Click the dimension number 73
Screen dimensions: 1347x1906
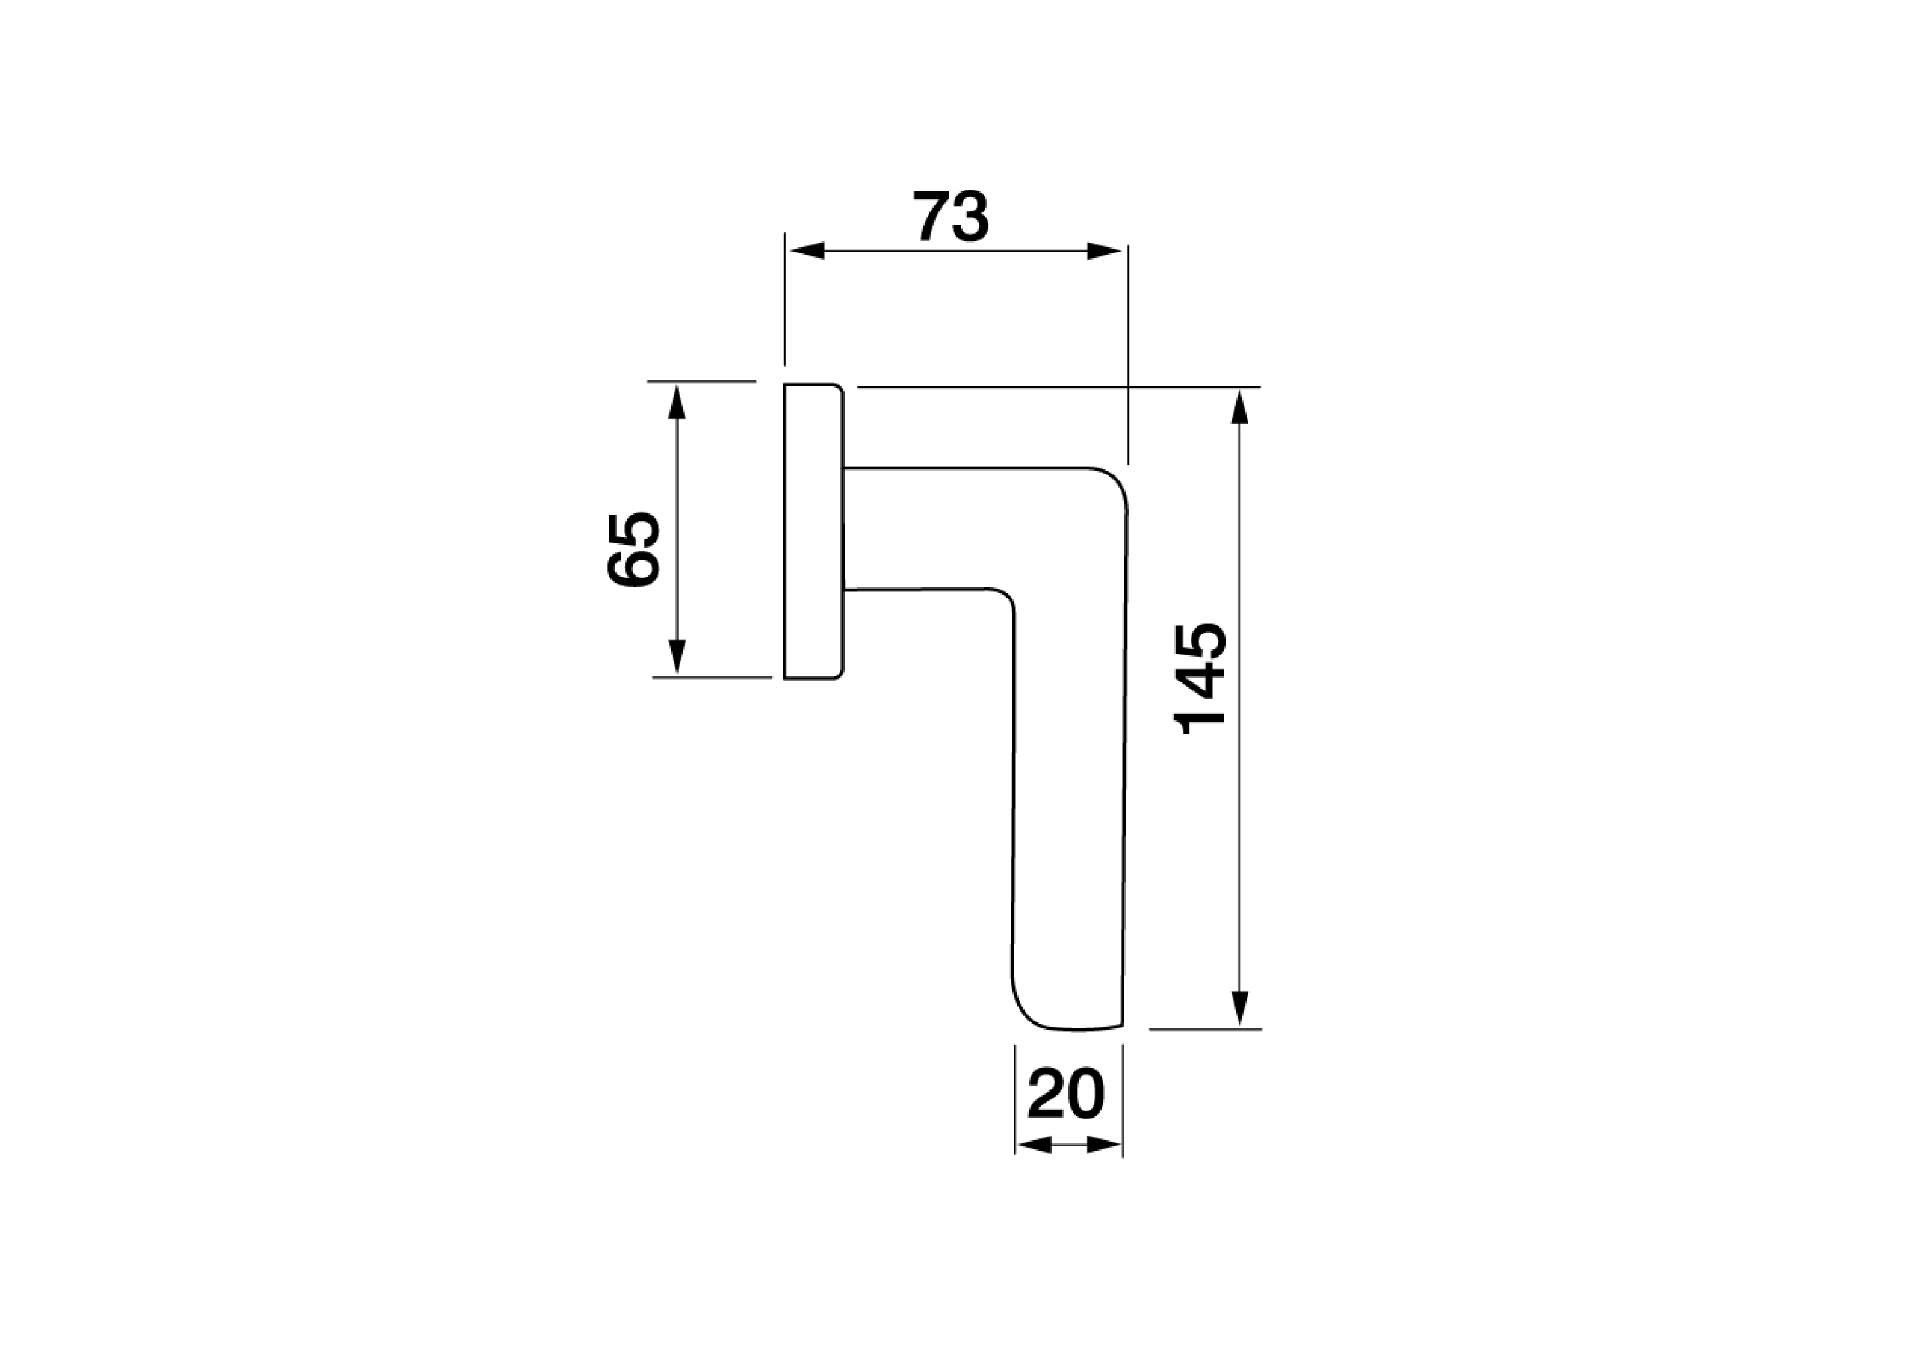[951, 217]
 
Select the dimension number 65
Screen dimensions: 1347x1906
[634, 550]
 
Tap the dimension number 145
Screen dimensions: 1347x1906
[1200, 678]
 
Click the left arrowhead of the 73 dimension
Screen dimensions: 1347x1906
[805, 250]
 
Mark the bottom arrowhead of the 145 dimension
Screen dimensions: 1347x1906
[1239, 1009]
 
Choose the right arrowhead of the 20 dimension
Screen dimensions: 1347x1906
[1104, 1146]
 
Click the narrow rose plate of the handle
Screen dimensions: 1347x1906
[813, 531]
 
